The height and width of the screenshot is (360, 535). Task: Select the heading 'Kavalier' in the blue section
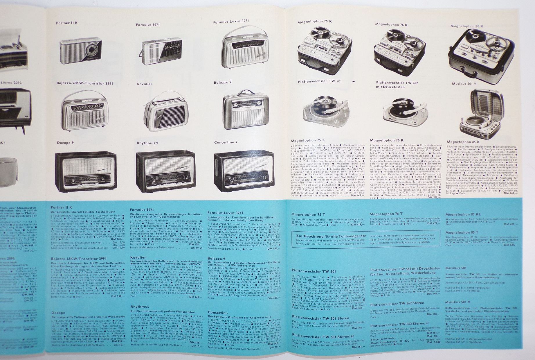pyautogui.click(x=138, y=257)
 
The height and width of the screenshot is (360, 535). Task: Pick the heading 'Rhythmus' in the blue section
pyautogui.click(x=140, y=307)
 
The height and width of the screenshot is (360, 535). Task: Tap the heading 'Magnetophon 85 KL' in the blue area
pyautogui.click(x=460, y=214)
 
